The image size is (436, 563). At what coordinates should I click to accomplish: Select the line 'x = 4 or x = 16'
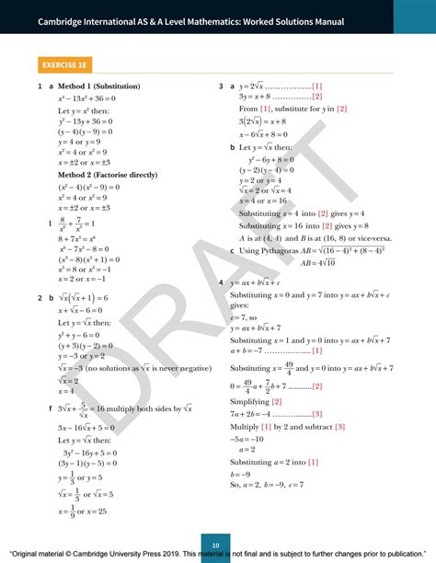264,175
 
